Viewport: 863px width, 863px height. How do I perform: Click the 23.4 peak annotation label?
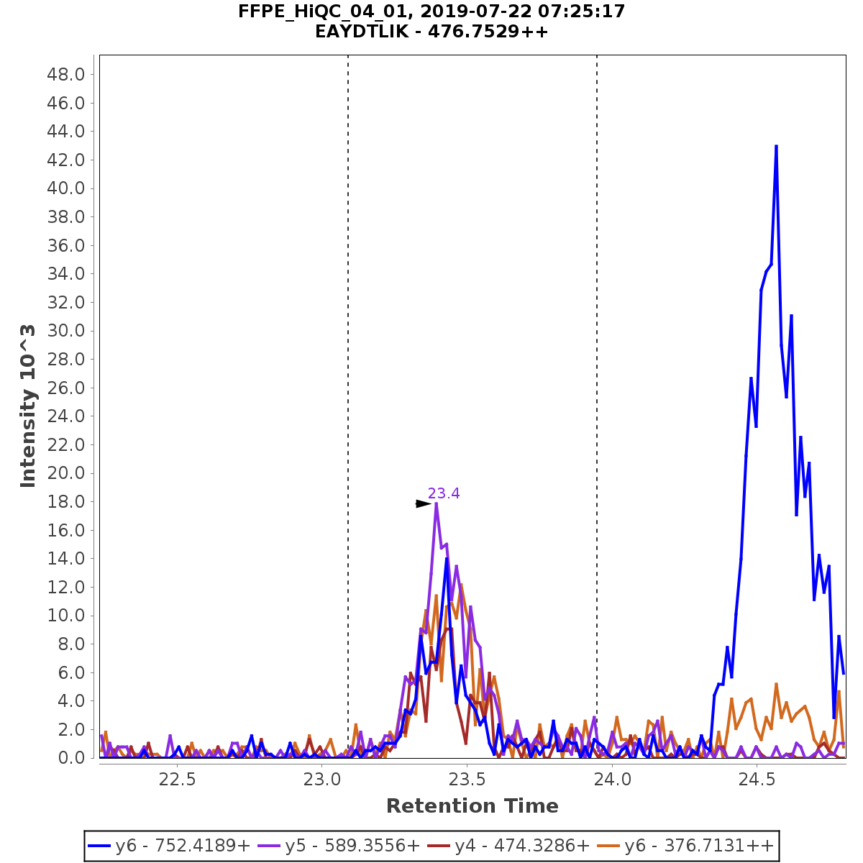tap(444, 493)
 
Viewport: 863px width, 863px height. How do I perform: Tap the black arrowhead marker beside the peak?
tap(423, 504)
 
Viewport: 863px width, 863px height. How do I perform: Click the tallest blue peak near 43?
tap(776, 147)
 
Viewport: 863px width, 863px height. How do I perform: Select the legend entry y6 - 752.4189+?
tap(170, 846)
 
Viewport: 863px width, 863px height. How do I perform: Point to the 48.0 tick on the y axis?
tap(65, 75)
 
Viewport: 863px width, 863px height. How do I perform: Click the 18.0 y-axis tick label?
tap(65, 501)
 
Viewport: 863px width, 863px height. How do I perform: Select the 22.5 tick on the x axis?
tap(178, 780)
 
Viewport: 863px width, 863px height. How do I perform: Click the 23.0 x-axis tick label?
tap(322, 780)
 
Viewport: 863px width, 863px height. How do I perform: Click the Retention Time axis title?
tap(472, 806)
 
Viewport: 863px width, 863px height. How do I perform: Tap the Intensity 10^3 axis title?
tap(29, 406)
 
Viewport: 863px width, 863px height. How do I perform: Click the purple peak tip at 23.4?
tap(436, 504)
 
